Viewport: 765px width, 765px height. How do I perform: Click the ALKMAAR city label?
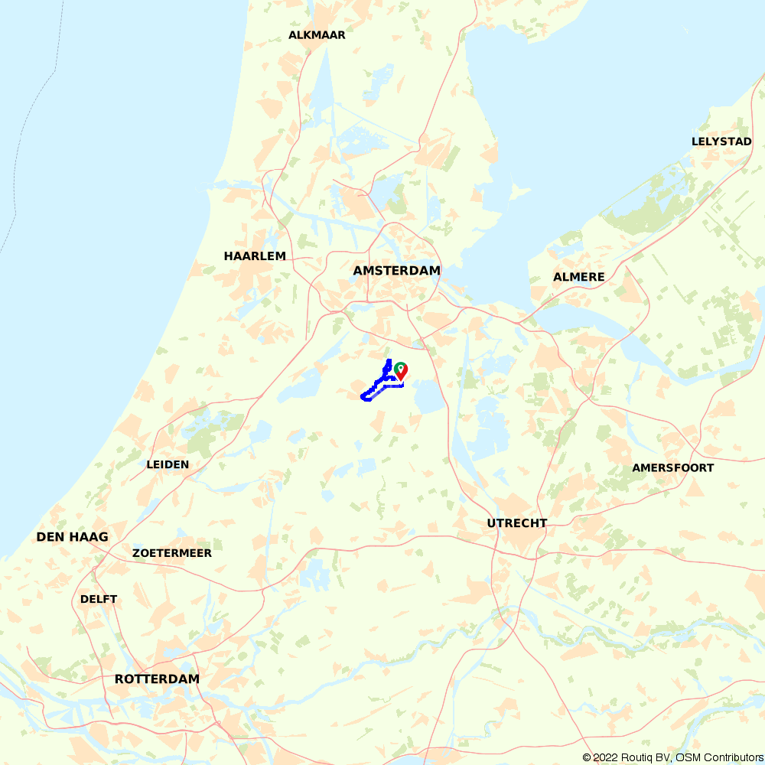click(317, 35)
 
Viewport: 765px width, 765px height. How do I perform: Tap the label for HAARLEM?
click(255, 256)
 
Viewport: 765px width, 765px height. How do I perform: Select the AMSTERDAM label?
click(396, 271)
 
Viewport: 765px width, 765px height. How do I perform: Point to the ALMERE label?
click(579, 277)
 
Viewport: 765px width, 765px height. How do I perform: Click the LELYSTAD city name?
click(721, 142)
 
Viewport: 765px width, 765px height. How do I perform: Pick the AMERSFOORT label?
click(672, 468)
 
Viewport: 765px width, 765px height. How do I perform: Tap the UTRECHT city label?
click(517, 523)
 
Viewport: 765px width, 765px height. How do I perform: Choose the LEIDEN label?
click(168, 464)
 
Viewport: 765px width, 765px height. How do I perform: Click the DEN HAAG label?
click(72, 537)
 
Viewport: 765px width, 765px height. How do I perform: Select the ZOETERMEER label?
click(172, 553)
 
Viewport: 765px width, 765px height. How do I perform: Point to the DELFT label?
click(99, 599)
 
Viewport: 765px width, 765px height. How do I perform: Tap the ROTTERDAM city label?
click(157, 679)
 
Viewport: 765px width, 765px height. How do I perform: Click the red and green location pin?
click(400, 371)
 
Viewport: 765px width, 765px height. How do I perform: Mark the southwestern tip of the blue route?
click(363, 396)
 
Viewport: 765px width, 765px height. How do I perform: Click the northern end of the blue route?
click(389, 360)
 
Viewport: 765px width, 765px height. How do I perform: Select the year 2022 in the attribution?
click(604, 757)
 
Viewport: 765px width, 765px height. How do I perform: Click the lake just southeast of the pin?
click(428, 398)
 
